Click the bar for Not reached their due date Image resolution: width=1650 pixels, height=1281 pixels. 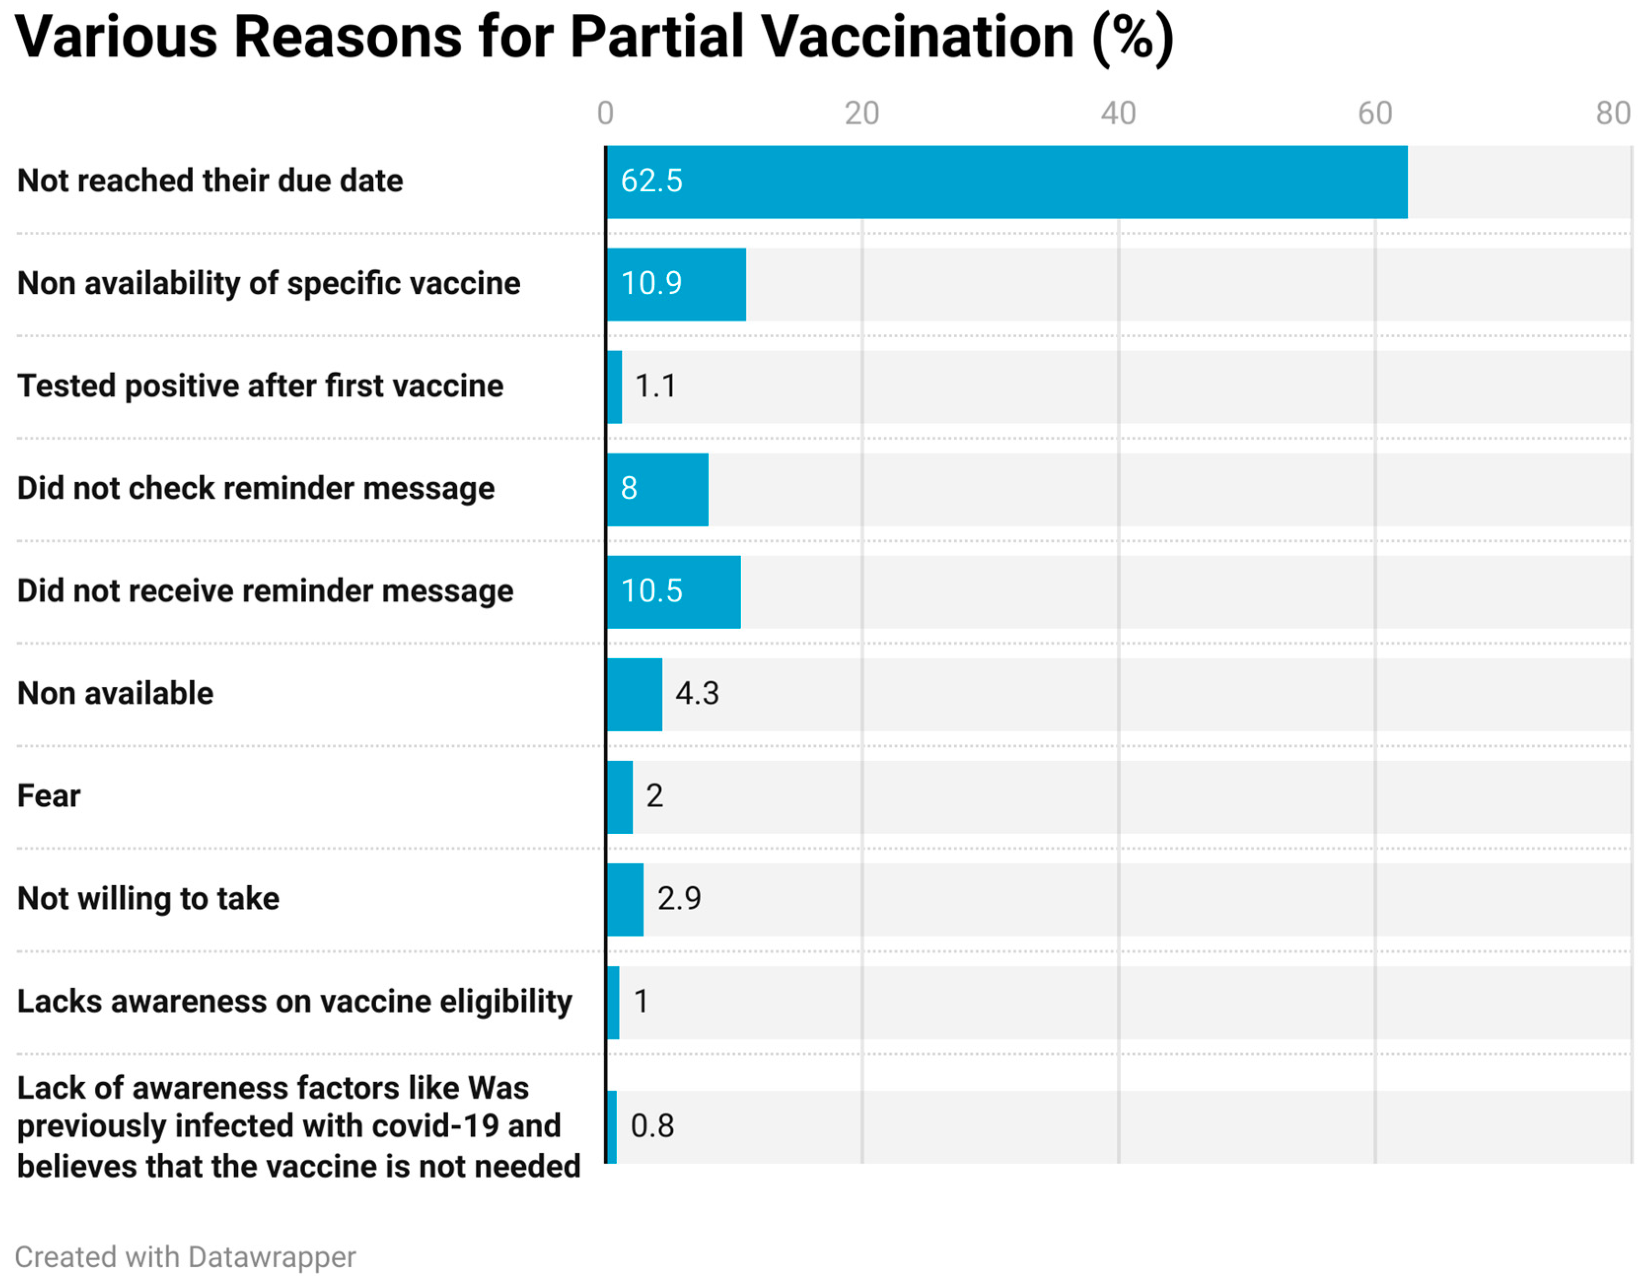click(x=1006, y=182)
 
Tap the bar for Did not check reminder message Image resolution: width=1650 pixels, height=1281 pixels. click(x=657, y=490)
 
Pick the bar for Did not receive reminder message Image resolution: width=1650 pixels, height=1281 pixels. click(x=674, y=592)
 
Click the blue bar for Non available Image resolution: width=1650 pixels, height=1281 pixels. click(x=635, y=694)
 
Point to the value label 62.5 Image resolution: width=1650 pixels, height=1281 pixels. click(x=651, y=181)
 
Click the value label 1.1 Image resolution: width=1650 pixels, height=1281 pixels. click(x=655, y=387)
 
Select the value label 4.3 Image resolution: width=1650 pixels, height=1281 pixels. click(x=697, y=693)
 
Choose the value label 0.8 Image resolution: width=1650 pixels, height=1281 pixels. click(x=651, y=1126)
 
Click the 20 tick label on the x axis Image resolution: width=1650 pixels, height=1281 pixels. click(x=861, y=114)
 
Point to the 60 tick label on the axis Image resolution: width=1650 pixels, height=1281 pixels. click(x=1374, y=114)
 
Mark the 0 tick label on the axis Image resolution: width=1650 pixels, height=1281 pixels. click(x=605, y=114)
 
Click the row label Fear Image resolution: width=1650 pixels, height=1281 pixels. click(x=49, y=796)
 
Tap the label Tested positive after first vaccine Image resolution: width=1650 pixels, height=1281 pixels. click(x=260, y=387)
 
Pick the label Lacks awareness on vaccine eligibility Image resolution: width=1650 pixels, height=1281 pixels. click(x=295, y=1001)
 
